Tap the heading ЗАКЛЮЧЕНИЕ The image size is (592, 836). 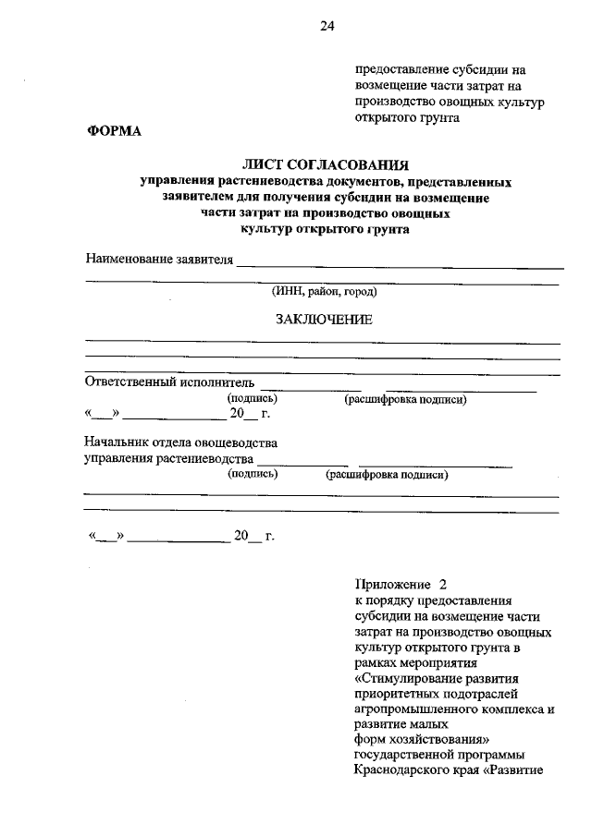pyautogui.click(x=324, y=320)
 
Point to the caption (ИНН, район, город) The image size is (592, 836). pyautogui.click(x=324, y=291)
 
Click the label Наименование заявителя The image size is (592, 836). pyautogui.click(x=158, y=258)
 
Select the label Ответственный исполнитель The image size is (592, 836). pyautogui.click(x=168, y=382)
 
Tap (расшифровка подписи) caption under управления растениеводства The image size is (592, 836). pyautogui.click(x=387, y=475)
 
